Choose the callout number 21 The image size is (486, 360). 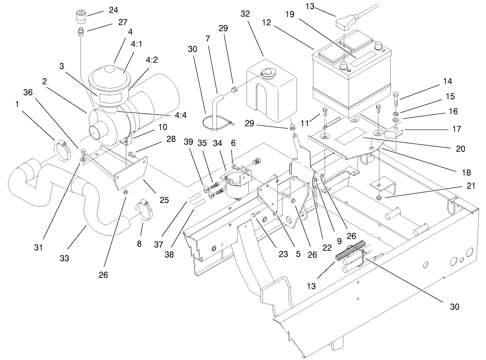coord(471,186)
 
